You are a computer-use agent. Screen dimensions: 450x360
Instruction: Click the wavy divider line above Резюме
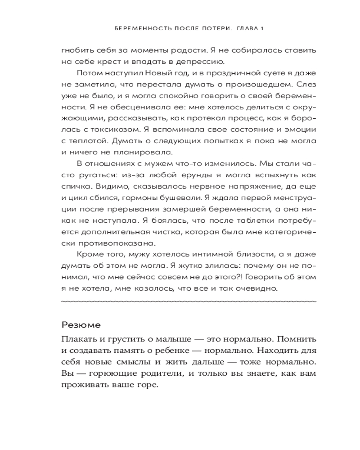point(189,300)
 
